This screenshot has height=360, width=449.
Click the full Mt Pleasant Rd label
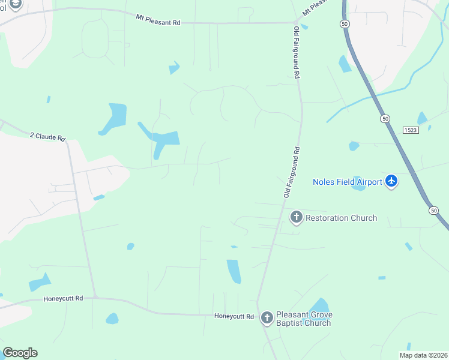click(x=158, y=19)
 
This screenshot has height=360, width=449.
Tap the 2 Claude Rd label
click(x=47, y=137)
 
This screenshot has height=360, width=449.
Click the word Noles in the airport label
click(x=325, y=182)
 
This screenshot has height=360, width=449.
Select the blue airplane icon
click(x=391, y=181)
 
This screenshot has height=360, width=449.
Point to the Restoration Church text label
click(x=342, y=218)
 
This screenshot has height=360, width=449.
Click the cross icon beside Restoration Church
click(x=296, y=217)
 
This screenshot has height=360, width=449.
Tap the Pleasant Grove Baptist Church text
click(x=304, y=319)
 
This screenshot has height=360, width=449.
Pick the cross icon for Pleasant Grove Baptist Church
click(x=267, y=317)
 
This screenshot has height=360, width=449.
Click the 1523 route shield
click(x=411, y=130)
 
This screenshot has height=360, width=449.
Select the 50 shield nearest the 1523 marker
click(x=384, y=119)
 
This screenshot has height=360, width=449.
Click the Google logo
click(x=20, y=353)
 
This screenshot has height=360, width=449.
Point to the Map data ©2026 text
click(x=423, y=355)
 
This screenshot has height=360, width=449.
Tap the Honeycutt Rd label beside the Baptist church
click(x=234, y=316)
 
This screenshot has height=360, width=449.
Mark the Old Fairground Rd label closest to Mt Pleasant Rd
click(x=297, y=53)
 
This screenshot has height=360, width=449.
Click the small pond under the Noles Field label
click(x=359, y=187)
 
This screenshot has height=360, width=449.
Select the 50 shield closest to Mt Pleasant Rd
click(x=343, y=23)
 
